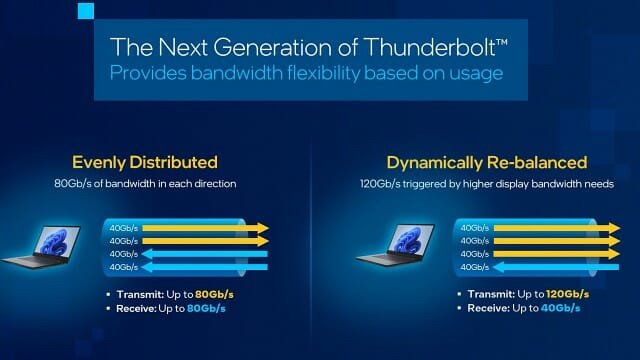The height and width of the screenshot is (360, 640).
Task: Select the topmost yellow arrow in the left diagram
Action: [x=205, y=228]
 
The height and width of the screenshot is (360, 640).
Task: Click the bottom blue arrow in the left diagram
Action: [x=205, y=267]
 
